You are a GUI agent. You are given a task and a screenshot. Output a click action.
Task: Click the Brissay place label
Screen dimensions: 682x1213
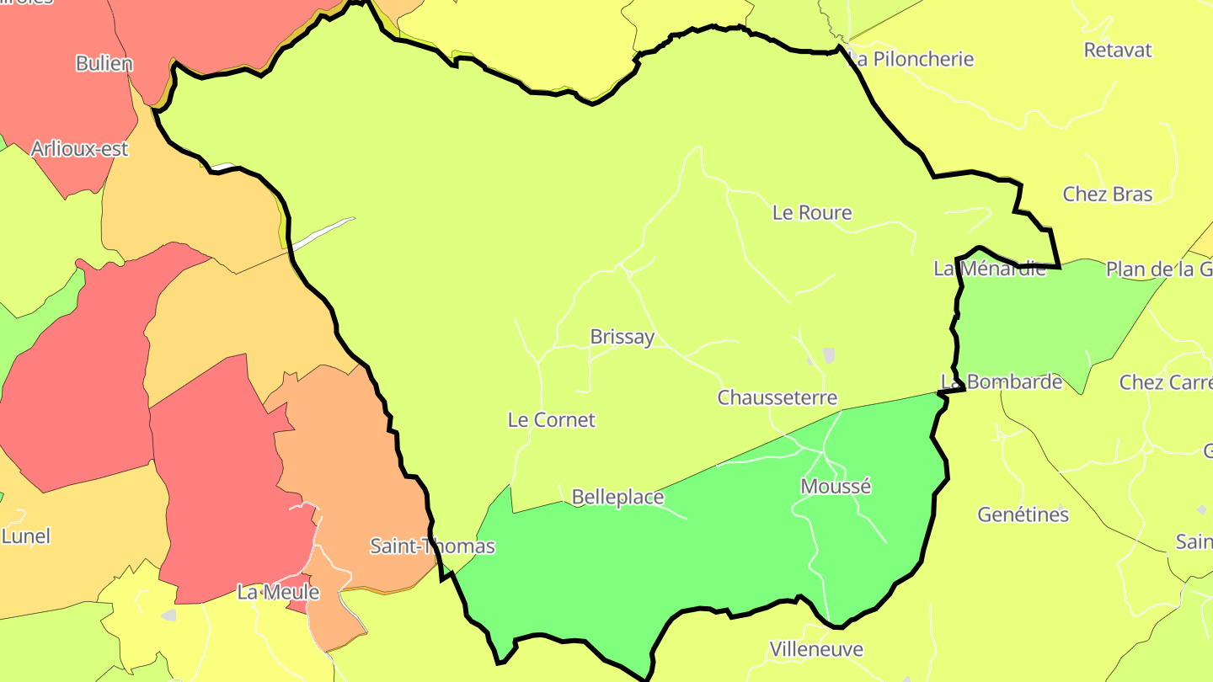click(622, 338)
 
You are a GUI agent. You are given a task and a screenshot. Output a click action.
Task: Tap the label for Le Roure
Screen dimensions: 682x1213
click(812, 213)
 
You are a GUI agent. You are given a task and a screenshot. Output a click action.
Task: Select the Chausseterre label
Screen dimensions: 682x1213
click(777, 397)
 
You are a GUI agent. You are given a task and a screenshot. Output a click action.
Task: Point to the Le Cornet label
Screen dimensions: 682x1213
click(551, 420)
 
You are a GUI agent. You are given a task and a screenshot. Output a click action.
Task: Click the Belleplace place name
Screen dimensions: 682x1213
click(617, 498)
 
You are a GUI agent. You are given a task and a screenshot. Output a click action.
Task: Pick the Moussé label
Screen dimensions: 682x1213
click(836, 487)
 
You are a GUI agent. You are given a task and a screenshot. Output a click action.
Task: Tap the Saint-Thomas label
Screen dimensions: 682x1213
click(432, 546)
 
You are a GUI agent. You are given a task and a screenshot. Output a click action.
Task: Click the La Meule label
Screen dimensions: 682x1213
click(278, 593)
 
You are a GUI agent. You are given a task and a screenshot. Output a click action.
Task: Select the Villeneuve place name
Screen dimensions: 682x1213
click(816, 650)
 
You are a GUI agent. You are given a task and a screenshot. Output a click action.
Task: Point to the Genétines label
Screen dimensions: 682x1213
click(1023, 514)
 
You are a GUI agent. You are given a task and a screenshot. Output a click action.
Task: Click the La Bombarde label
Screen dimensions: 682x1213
click(1002, 382)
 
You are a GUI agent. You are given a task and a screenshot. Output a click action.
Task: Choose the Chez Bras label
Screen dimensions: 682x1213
click(1107, 194)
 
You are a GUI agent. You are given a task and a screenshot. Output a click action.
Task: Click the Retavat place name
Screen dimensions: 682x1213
click(1117, 51)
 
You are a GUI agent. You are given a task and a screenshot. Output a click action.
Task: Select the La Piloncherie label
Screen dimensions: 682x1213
click(911, 60)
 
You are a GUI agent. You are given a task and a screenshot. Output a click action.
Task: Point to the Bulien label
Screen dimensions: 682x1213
click(104, 64)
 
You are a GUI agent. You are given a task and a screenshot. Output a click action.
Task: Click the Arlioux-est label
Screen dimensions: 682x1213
click(79, 150)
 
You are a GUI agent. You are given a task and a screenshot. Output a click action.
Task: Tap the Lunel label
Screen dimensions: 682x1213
click(26, 536)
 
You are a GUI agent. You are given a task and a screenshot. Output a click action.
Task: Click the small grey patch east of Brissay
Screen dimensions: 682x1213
click(829, 355)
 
